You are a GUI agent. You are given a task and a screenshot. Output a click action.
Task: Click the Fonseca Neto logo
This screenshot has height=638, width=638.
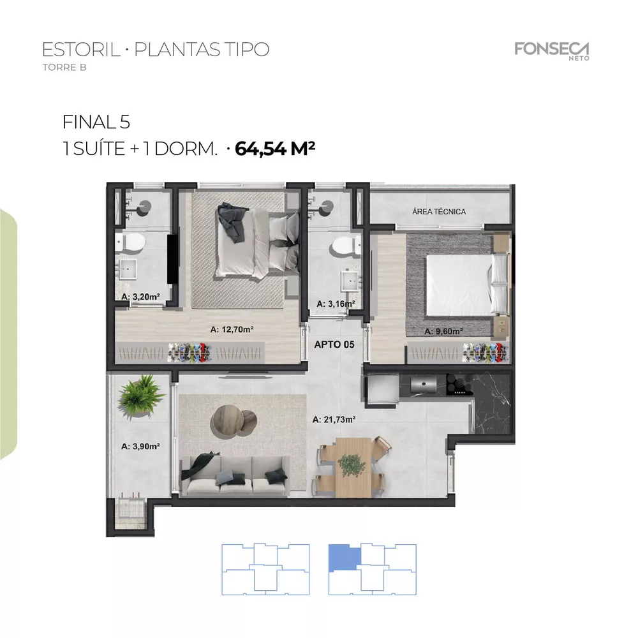[552, 50]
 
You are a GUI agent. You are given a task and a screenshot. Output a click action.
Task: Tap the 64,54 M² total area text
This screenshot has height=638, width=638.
[276, 149]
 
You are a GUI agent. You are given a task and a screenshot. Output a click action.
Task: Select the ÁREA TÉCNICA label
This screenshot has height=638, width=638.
[439, 212]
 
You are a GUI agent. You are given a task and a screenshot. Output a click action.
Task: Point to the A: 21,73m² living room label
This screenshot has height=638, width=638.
[334, 420]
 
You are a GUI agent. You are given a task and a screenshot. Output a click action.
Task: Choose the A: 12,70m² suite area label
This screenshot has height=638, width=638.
[232, 330]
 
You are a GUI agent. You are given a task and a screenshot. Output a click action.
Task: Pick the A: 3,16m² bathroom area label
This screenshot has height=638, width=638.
[331, 304]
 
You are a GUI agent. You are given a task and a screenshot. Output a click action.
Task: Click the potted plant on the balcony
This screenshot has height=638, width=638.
[141, 392]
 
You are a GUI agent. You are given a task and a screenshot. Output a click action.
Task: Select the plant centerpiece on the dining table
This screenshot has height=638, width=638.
[350, 464]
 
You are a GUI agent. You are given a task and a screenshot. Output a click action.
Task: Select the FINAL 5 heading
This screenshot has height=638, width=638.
[97, 121]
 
